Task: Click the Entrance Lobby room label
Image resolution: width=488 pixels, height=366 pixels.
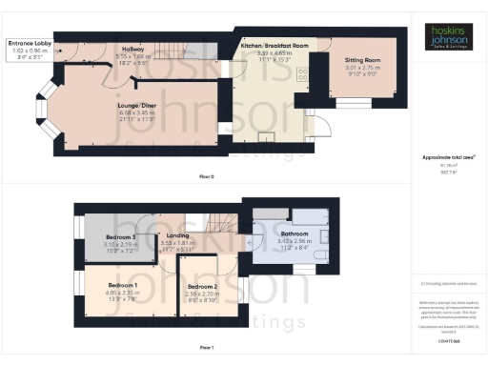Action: click(31, 44)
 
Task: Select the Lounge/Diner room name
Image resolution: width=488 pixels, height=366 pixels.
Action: click(134, 104)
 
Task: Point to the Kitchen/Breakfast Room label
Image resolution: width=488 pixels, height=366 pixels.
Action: click(274, 46)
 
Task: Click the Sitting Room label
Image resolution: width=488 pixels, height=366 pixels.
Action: click(361, 59)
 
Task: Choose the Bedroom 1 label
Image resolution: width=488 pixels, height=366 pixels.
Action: click(122, 285)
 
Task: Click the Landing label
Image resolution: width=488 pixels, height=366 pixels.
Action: click(175, 235)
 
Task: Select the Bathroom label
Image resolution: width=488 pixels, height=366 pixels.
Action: click(295, 234)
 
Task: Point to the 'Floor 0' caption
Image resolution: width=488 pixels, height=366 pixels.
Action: click(207, 177)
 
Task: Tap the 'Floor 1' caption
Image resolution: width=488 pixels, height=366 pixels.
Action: click(207, 347)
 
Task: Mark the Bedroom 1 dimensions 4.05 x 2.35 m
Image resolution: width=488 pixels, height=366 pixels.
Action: click(122, 293)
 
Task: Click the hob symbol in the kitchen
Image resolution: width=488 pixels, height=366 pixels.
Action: click(302, 77)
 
